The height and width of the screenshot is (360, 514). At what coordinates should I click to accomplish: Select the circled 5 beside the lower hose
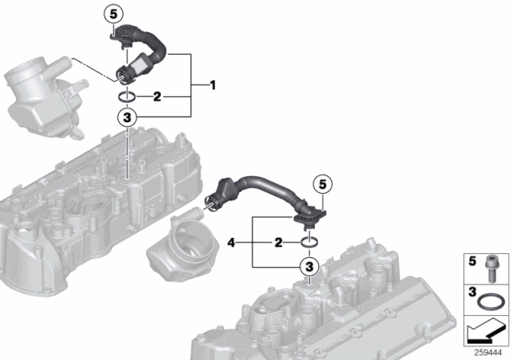coord(321,184)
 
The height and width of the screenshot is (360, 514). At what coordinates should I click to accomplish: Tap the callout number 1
coord(213,84)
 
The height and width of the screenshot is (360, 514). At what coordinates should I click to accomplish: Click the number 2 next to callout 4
coord(277,241)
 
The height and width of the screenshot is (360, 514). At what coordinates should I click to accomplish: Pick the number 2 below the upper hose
coord(158,97)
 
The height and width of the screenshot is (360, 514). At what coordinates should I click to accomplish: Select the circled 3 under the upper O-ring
coord(126,118)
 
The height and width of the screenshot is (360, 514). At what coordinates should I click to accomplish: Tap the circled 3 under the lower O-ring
coord(308,266)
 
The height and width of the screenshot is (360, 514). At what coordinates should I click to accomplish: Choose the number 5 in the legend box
coord(473,260)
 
